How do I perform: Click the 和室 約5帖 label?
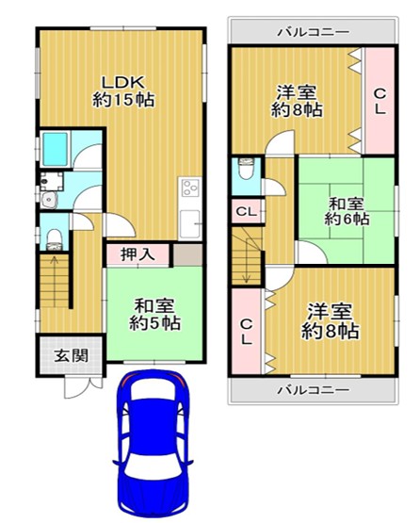pos(155,314)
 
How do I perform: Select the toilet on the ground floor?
pos(55,234)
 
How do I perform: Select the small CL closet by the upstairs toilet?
pos(247,212)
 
